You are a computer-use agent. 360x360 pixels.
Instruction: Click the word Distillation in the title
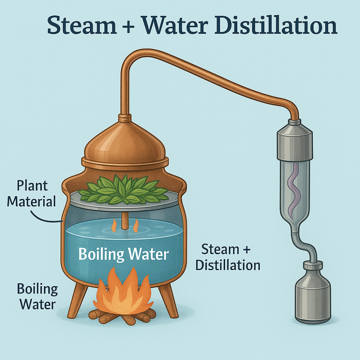pyautogui.click(x=276, y=25)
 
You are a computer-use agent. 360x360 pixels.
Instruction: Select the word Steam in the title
pyautogui.click(x=82, y=25)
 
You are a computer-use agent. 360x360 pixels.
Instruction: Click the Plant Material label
pyautogui.click(x=32, y=194)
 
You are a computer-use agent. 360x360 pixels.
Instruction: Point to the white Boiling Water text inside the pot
pyautogui.click(x=124, y=255)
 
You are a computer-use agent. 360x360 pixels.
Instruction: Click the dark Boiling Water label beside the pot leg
pyautogui.click(x=37, y=296)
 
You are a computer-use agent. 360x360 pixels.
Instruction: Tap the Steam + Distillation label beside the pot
pyautogui.click(x=228, y=257)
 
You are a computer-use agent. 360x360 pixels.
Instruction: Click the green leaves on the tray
pyautogui.click(x=123, y=189)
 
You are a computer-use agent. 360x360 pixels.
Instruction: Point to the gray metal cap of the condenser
pyautogui.click(x=295, y=140)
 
